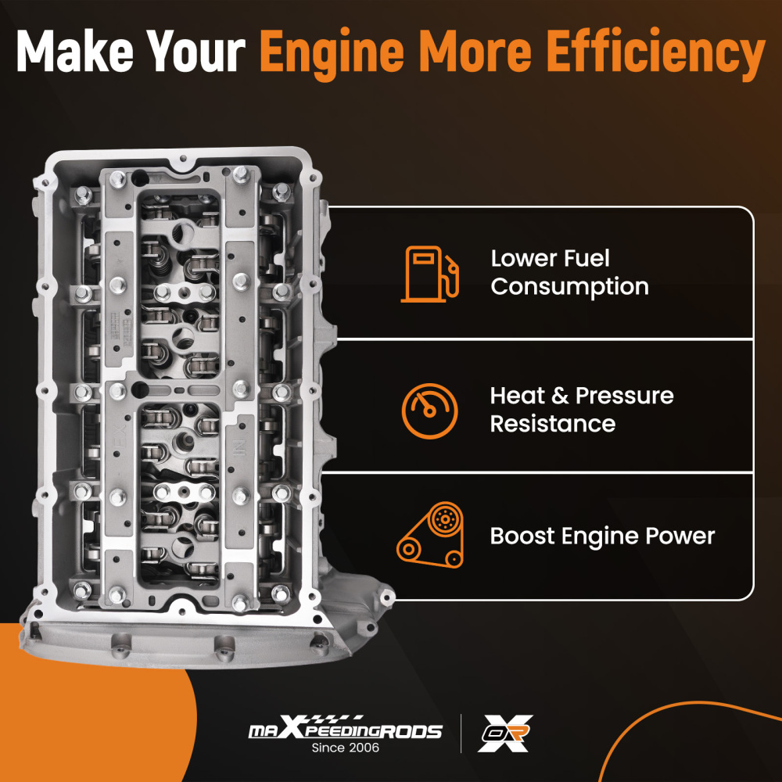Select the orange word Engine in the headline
(x=332, y=54)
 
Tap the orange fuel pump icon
(x=430, y=274)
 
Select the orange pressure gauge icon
(x=430, y=411)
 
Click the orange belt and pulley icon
(x=430, y=535)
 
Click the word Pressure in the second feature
(x=624, y=396)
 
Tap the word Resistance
(x=553, y=424)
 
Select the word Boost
(x=522, y=536)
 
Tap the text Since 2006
(x=345, y=748)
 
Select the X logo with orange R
(x=504, y=734)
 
